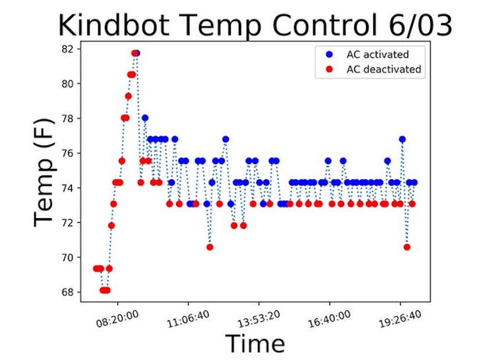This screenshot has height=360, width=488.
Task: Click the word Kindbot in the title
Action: point(113,26)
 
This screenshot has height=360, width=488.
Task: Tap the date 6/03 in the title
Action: point(420,26)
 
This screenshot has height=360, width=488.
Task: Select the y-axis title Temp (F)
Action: point(44,172)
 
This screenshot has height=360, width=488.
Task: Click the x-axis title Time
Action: point(255,344)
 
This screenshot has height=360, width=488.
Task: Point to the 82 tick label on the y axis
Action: point(67,49)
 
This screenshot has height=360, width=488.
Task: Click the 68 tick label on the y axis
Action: point(67,292)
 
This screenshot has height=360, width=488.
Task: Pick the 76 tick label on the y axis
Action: point(67,154)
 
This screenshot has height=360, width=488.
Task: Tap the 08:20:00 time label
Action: point(117,318)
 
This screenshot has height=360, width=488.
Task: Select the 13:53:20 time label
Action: point(259,318)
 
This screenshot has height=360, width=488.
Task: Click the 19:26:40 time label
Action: point(400,318)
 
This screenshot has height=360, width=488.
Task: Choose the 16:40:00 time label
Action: point(329,318)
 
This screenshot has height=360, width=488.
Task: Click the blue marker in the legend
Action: point(329,55)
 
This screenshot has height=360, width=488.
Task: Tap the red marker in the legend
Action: point(329,69)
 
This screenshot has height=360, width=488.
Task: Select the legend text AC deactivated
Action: point(384,69)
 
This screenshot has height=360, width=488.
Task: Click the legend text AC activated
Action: point(377,55)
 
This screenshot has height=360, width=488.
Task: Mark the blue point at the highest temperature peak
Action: point(137,53)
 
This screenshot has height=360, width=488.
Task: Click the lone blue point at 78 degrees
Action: point(144,118)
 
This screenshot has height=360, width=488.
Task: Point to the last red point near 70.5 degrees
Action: point(407,247)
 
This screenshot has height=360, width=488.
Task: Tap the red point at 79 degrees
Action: point(128,96)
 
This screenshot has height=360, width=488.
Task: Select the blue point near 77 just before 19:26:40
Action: point(402,139)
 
